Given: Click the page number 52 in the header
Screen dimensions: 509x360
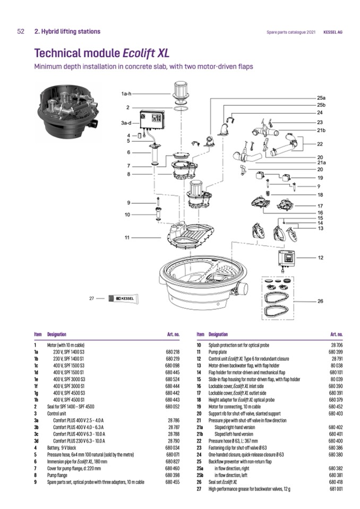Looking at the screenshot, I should click(x=21, y=32).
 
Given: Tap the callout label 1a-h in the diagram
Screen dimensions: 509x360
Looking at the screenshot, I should click(x=126, y=94).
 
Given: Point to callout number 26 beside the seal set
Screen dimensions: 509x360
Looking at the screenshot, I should click(x=320, y=301).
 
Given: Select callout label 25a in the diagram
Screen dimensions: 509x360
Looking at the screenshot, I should click(x=321, y=98).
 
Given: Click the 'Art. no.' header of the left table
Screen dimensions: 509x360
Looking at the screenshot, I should click(x=173, y=334).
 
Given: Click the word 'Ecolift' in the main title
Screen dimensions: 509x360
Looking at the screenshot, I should click(x=140, y=53).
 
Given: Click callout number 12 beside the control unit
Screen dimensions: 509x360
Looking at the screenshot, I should click(x=320, y=258).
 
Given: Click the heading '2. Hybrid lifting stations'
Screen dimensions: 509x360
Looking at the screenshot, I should click(x=67, y=32).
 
